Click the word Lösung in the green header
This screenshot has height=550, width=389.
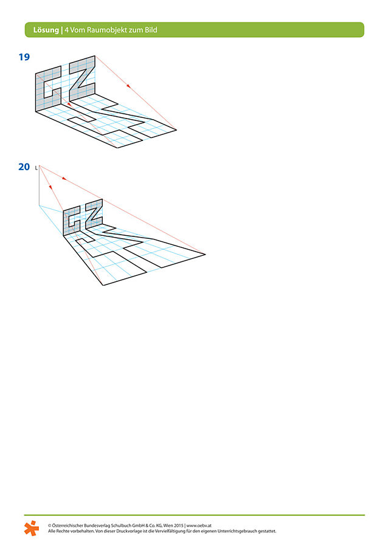[46, 30]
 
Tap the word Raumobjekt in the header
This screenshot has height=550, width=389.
[102, 30]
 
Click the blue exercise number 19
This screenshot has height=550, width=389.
[24, 57]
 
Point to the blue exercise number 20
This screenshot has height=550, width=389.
[24, 167]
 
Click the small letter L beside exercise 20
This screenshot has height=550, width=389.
[36, 168]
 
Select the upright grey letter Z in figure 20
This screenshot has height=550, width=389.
[94, 213]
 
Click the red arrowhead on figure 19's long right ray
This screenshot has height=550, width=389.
[128, 86]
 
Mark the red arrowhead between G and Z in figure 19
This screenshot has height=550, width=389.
[69, 104]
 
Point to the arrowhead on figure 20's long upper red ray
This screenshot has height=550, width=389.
[64, 178]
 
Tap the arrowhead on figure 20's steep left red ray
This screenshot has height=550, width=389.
[50, 187]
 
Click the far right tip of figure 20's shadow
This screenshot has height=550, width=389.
[205, 254]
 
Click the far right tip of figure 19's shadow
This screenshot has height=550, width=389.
[176, 130]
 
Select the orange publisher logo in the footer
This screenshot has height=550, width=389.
[32, 528]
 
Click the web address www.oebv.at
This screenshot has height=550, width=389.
[199, 526]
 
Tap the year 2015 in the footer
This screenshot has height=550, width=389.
[179, 526]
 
